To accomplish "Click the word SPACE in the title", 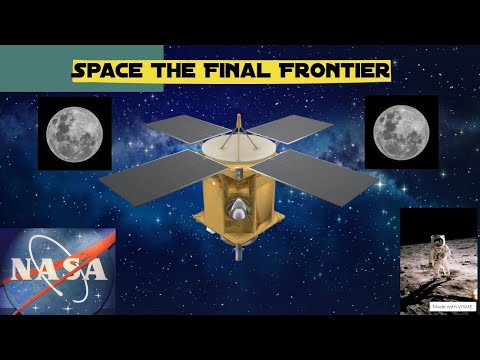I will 107,72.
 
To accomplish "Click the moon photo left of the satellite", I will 74,133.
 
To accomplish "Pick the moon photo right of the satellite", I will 401,132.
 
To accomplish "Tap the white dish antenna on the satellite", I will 239,149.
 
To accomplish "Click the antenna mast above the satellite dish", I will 238,124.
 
